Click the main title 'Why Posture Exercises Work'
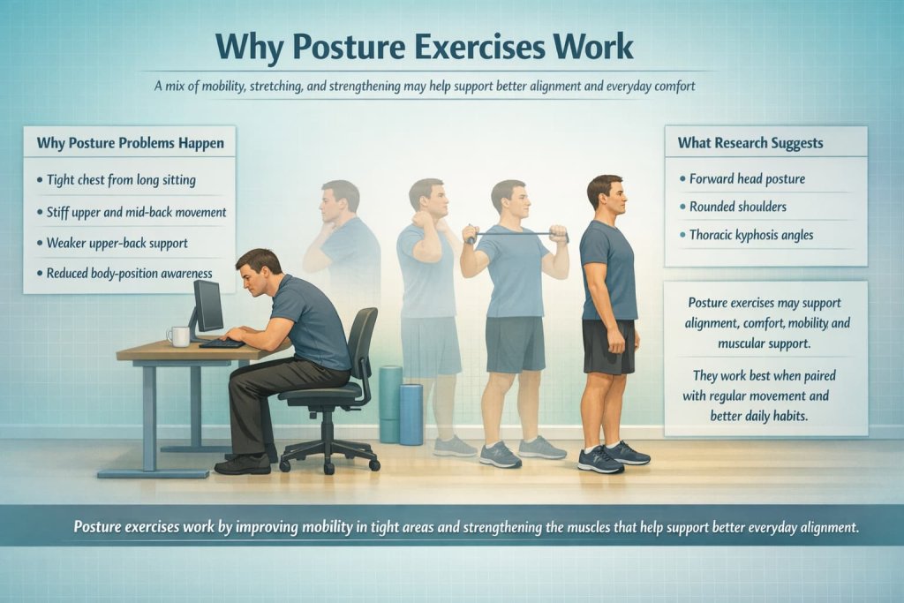point(425,47)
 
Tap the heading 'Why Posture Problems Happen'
point(130,142)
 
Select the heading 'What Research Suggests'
point(750,142)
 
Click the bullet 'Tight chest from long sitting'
point(122,180)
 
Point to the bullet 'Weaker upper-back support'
point(118,242)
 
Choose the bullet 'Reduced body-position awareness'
point(130,274)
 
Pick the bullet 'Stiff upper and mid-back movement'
point(137,212)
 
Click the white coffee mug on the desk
point(179,335)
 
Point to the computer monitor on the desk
point(208,307)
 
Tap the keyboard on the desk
point(222,343)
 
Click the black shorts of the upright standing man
point(607,345)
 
